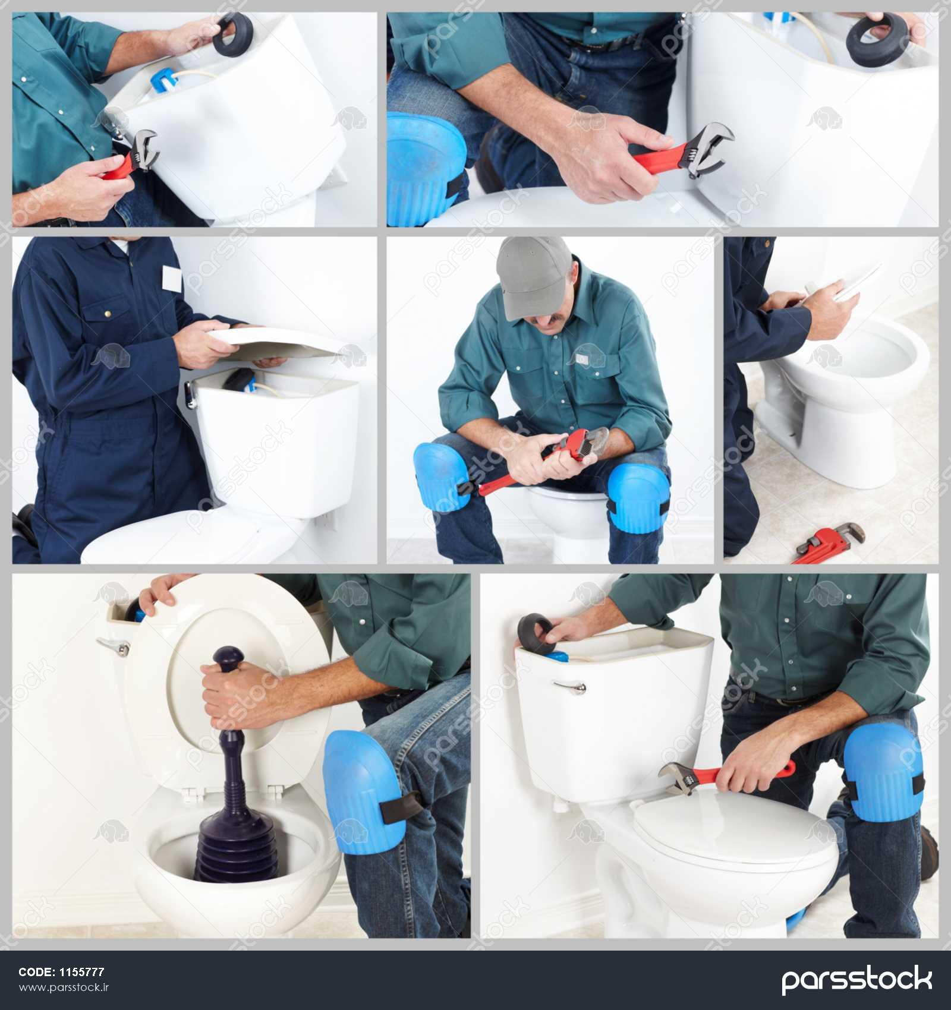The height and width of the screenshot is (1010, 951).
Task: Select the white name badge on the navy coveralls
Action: [172, 279]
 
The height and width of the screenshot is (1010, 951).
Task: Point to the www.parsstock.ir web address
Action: [64, 987]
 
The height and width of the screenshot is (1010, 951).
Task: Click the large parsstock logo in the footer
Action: [856, 980]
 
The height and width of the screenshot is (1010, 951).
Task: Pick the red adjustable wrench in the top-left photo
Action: [133, 157]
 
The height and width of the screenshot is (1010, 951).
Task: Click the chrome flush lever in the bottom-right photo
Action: [569, 686]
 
